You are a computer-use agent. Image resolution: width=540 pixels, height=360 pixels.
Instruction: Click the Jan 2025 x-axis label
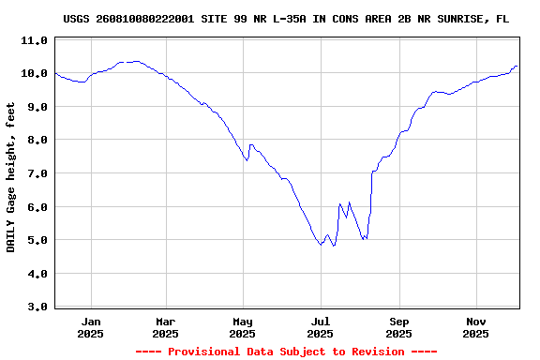pos(91,326)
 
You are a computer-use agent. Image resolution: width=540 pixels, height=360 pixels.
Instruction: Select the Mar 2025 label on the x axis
pos(165,326)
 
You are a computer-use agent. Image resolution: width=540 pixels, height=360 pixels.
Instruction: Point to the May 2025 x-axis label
pos(243,326)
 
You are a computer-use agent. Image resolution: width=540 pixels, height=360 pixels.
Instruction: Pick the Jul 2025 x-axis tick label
pos(321,326)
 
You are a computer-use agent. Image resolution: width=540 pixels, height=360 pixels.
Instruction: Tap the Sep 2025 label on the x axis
pos(398,326)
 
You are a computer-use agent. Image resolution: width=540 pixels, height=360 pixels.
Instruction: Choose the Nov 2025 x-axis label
pos(476,326)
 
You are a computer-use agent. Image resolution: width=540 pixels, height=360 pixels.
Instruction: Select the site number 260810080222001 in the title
pos(151,19)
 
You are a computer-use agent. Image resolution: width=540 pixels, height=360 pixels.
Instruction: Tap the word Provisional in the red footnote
pos(204,352)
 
